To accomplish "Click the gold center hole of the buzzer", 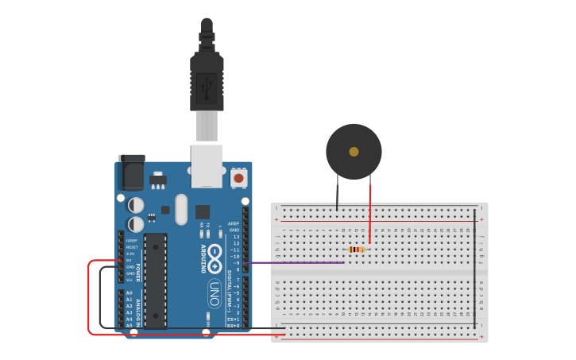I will point(354,152).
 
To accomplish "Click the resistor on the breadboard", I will point(357,250).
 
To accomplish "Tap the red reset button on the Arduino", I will point(238,179).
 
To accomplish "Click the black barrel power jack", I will point(131,171).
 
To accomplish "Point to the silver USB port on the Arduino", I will point(207,165).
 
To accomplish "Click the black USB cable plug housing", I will point(207,83).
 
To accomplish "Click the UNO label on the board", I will point(215,292).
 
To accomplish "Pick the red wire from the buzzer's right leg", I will point(369,215).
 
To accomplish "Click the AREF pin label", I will point(234,223).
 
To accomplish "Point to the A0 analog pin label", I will point(129,293).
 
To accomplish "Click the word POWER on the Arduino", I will point(137,273).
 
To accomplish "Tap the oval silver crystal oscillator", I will point(181,209).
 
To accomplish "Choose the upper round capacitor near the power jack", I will point(136,205).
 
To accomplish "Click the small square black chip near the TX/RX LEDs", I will point(203,211).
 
